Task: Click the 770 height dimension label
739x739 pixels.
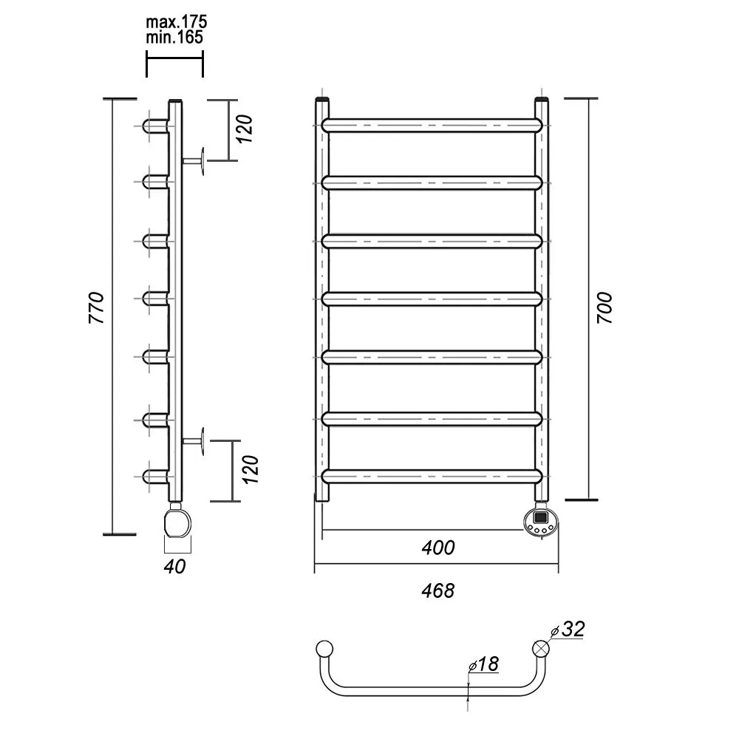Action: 97,307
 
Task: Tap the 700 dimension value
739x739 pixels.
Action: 605,307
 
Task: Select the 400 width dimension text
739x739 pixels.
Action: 437,548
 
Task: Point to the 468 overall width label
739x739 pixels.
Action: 437,590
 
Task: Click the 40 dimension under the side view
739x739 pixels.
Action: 175,567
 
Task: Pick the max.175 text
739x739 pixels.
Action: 177,21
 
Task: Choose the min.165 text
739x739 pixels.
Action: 174,37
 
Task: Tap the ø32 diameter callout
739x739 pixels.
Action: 568,629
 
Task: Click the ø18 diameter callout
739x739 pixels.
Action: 483,664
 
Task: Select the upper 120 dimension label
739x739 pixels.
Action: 245,129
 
